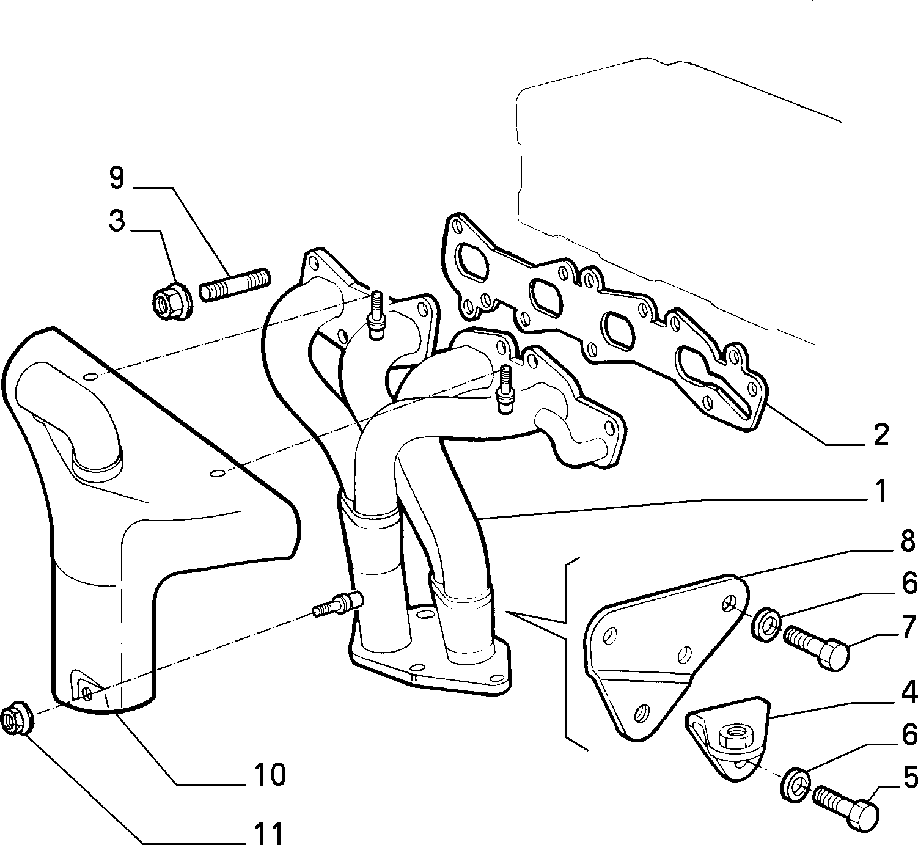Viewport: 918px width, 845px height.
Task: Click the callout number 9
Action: pos(117,178)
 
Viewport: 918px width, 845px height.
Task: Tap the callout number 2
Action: pos(881,434)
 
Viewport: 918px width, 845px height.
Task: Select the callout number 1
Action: pos(880,491)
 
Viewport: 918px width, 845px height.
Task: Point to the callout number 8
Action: pos(908,542)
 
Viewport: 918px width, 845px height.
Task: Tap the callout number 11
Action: pos(268,833)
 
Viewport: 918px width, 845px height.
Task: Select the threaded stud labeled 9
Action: pos(235,285)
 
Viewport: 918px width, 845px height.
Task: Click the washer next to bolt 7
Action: pos(766,624)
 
